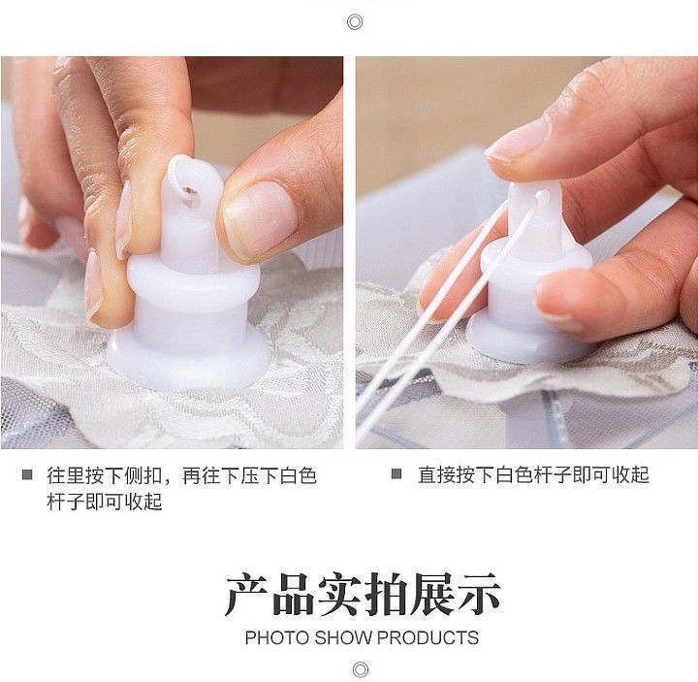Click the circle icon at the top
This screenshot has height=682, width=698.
(x=355, y=21)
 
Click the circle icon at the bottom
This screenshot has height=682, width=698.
(x=360, y=669)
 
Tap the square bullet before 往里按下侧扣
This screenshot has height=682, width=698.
(x=27, y=474)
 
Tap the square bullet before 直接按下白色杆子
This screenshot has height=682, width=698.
(x=397, y=474)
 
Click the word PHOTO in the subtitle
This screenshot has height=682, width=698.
(x=277, y=637)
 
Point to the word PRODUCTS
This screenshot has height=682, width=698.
(x=428, y=637)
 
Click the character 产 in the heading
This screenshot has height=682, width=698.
(x=247, y=595)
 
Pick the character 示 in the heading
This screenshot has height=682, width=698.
(x=479, y=595)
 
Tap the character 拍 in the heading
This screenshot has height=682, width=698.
(x=387, y=595)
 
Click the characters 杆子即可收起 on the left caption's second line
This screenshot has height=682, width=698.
(x=105, y=502)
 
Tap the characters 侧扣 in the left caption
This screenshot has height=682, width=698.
(x=143, y=475)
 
